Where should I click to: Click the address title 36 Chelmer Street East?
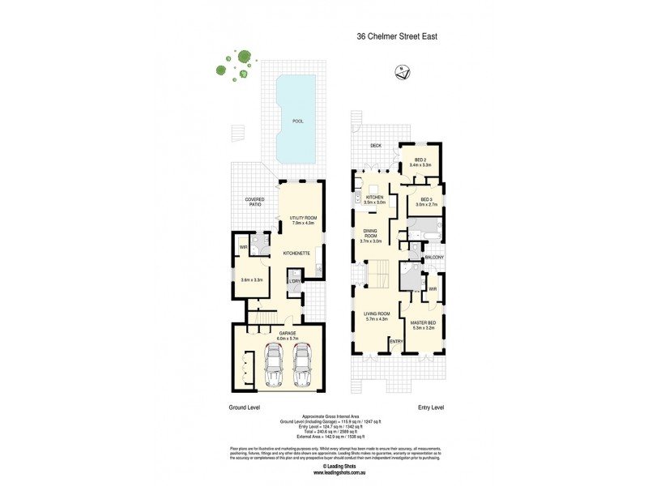[398, 36]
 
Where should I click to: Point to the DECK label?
[375, 146]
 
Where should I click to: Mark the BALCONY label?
[434, 258]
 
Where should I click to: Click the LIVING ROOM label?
[377, 316]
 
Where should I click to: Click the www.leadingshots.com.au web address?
[324, 475]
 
